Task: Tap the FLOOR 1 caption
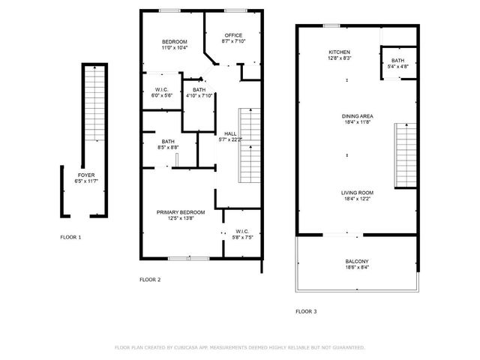(x=70, y=237)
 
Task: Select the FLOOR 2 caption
(x=150, y=280)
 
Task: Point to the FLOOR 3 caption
(x=305, y=310)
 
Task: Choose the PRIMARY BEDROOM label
(x=175, y=212)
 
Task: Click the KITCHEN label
(x=339, y=52)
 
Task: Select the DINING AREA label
(x=358, y=116)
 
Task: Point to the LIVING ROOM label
(x=358, y=193)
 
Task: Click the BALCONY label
(x=356, y=261)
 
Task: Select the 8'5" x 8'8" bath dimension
(x=168, y=148)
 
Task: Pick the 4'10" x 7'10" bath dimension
(x=199, y=95)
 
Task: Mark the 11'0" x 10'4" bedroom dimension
(x=175, y=48)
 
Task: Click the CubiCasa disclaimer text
(x=239, y=347)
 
